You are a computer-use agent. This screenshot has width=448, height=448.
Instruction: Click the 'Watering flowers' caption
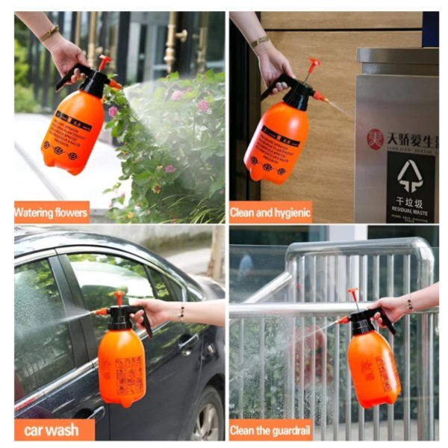point(52,212)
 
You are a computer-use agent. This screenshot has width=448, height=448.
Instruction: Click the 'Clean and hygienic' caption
point(270,212)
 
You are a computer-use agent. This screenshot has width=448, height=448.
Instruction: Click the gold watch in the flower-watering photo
point(50,33)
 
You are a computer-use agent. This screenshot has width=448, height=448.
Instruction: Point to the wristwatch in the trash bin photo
point(259,42)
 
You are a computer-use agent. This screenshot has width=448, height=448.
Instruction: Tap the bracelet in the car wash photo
point(181,312)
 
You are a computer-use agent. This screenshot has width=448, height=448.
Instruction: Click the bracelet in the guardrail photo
point(409,304)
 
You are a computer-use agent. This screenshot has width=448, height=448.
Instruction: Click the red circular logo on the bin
point(374,139)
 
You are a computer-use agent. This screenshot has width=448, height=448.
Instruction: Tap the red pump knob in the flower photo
point(104,60)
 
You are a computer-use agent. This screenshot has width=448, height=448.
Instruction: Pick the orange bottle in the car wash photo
point(121,366)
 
